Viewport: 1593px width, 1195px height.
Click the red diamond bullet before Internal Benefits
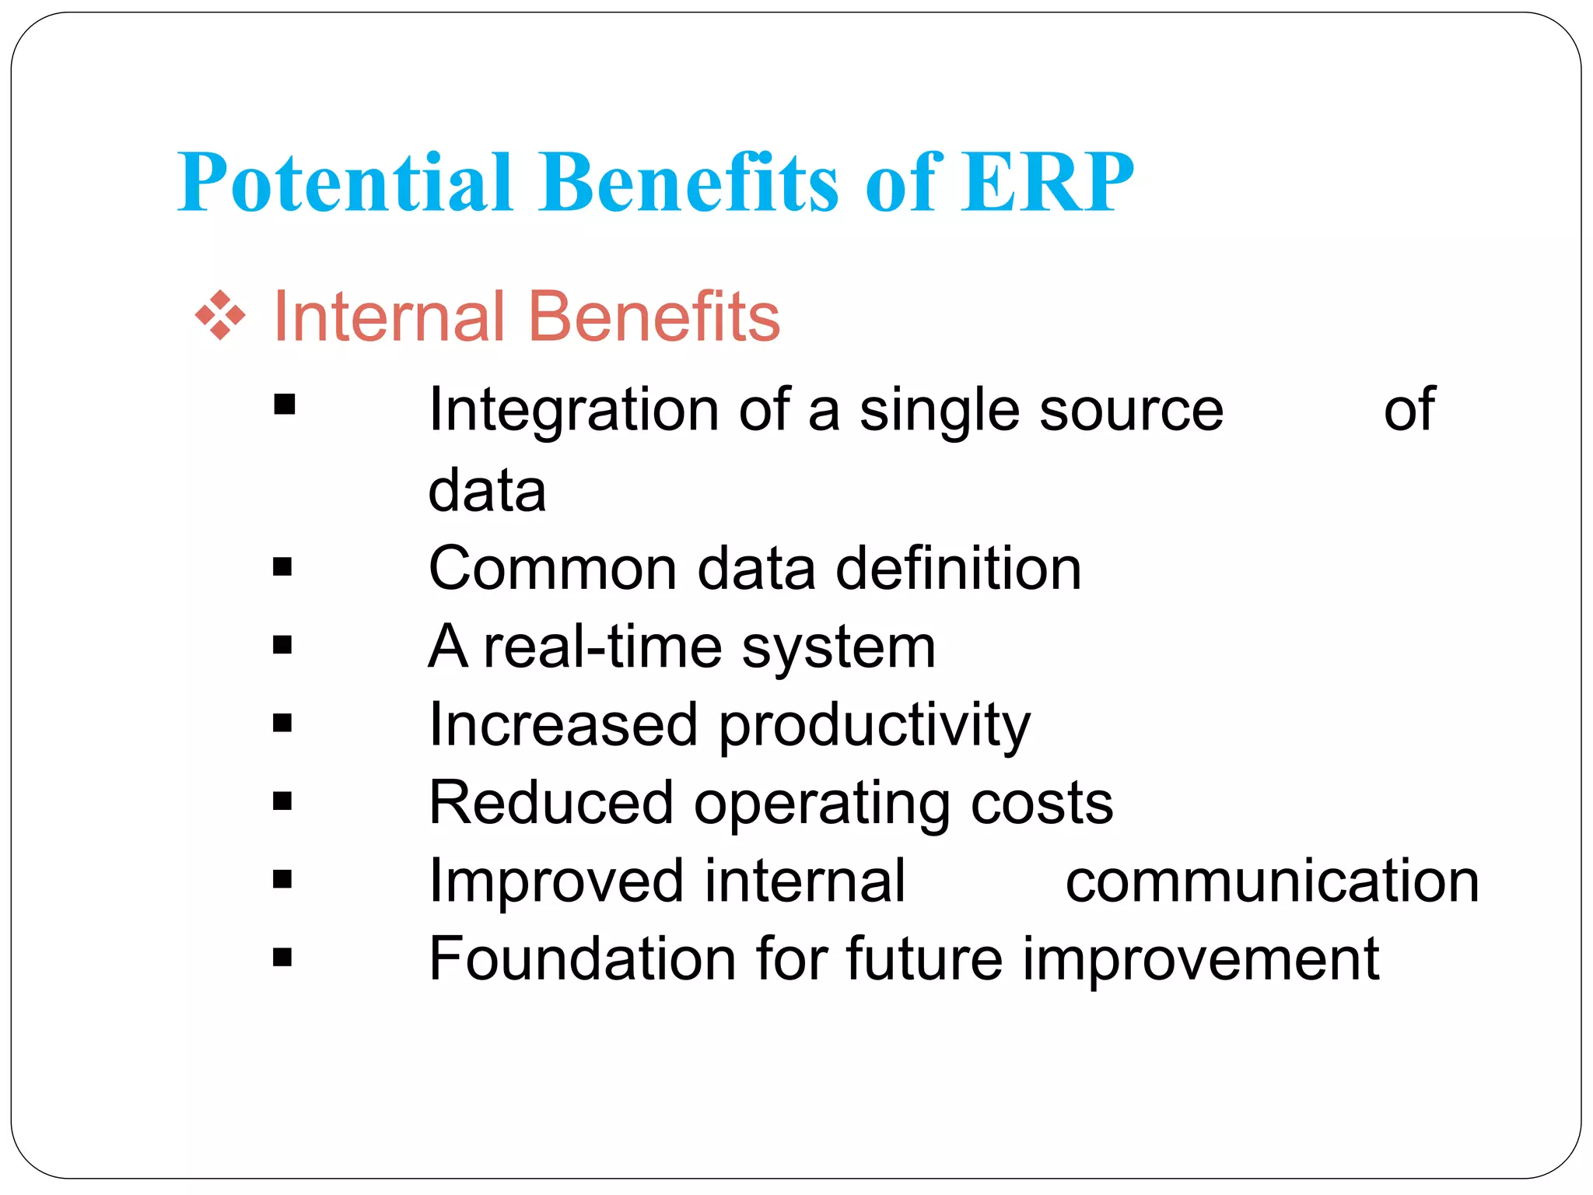click(220, 316)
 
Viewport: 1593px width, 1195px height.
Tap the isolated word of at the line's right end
click(1409, 410)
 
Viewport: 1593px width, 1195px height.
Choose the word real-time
click(603, 647)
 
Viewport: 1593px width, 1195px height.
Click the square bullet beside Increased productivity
click(283, 724)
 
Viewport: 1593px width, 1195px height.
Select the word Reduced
click(551, 803)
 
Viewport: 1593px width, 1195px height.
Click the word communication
click(1273, 881)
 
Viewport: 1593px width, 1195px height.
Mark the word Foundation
click(582, 959)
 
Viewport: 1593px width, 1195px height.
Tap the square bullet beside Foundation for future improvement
click(283, 957)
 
